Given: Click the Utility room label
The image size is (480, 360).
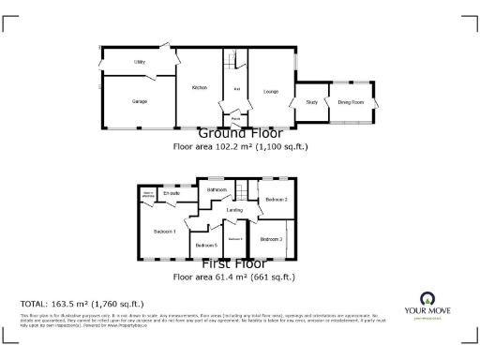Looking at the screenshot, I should click(x=139, y=62).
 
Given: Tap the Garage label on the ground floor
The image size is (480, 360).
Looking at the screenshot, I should click(x=140, y=100).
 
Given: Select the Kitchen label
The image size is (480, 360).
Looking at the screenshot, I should click(x=199, y=87).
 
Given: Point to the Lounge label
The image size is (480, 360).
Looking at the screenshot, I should click(x=271, y=91).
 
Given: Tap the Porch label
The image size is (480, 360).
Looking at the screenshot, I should click(x=235, y=118).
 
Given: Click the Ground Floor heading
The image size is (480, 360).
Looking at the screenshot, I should click(x=240, y=134).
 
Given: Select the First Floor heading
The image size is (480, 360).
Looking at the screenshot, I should click(x=240, y=264).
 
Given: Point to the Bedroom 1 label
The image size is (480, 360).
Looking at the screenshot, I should click(x=165, y=231).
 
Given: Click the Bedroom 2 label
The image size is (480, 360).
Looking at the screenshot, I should click(x=276, y=200).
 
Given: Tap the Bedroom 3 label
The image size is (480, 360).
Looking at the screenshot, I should click(x=271, y=240).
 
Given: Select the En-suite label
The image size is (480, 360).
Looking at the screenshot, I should click(x=171, y=193).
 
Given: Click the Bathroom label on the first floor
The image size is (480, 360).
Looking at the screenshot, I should click(x=217, y=191).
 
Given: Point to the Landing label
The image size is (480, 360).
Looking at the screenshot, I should click(x=235, y=210).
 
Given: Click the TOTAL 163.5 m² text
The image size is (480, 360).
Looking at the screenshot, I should click(x=82, y=304).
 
